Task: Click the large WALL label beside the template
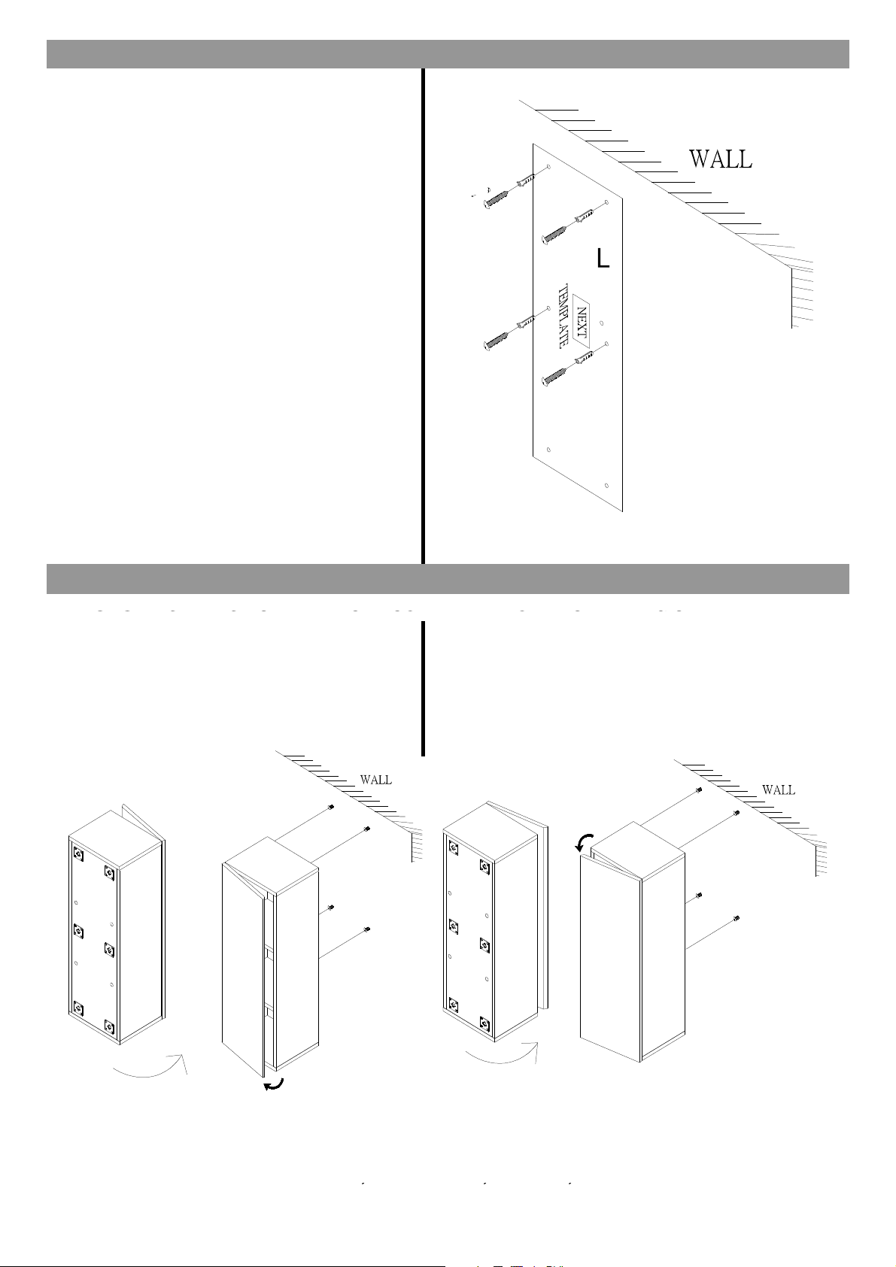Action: (721, 159)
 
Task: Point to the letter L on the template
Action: (603, 258)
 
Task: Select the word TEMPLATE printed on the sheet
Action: (563, 316)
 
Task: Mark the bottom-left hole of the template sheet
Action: (548, 450)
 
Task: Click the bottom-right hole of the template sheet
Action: (607, 485)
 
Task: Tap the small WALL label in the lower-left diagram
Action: (376, 780)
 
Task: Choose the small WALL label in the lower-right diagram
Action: (779, 790)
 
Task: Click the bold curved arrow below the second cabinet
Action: (273, 1084)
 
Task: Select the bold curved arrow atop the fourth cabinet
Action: (584, 842)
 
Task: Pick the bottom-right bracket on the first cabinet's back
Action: (110, 1025)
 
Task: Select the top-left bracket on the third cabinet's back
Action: (453, 847)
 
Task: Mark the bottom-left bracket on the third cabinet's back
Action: (453, 1003)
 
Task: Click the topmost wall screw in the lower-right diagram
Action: (698, 790)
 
